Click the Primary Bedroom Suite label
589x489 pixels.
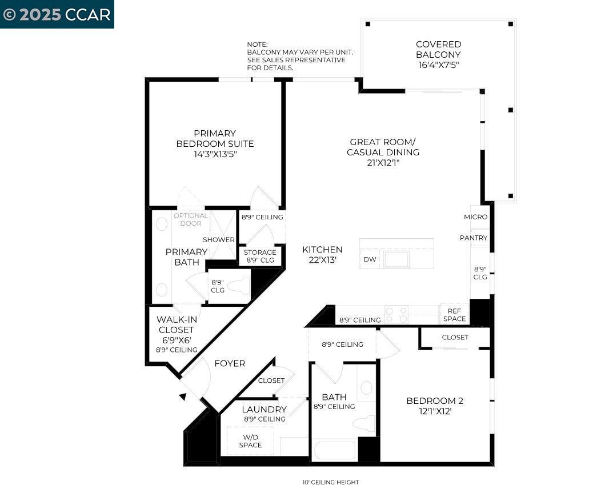[x=215, y=139]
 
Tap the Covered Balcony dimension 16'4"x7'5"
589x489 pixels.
[x=438, y=65]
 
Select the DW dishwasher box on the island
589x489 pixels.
[x=370, y=259]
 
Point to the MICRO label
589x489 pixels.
[x=475, y=217]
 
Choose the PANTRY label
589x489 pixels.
[x=474, y=238]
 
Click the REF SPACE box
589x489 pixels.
[x=454, y=315]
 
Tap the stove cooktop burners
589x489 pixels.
[x=396, y=315]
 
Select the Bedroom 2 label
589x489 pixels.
[x=434, y=401]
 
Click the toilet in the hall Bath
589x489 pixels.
[x=364, y=423]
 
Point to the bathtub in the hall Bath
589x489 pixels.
[x=335, y=449]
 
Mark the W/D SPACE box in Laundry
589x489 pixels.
[x=250, y=441]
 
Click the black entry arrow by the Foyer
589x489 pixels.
[x=182, y=396]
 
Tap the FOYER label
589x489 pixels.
[x=230, y=363]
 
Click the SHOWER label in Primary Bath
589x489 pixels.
[x=218, y=240]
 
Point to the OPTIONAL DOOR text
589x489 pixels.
[x=191, y=219]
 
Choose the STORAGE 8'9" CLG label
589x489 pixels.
[x=260, y=256]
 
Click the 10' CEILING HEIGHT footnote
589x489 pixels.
[x=331, y=482]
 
